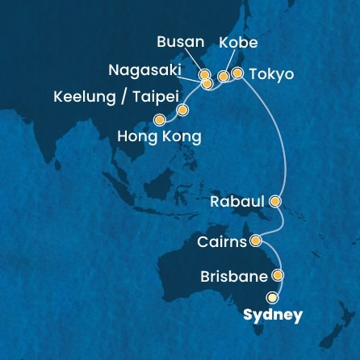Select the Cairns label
(222, 241)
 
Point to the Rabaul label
(237, 202)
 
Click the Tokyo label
(272, 75)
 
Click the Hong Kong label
(159, 136)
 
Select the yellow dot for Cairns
(255, 240)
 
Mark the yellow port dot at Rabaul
(275, 199)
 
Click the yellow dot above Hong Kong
(170, 119)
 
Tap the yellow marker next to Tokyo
(237, 73)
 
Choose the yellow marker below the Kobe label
(224, 77)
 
